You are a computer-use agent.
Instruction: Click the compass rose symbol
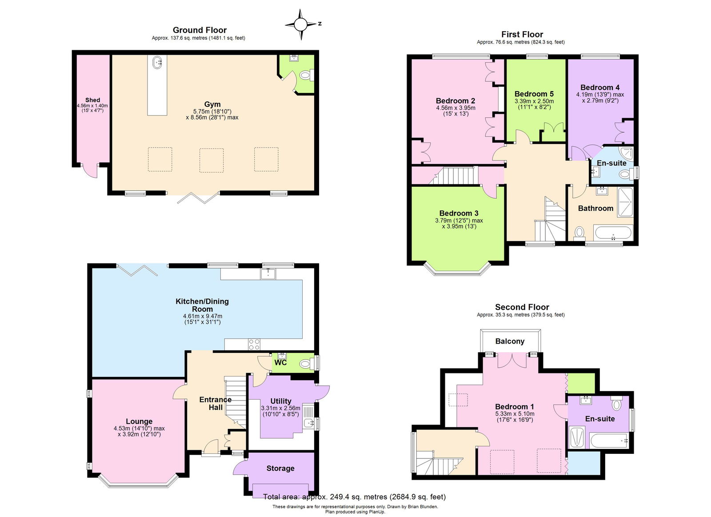coord(301,24)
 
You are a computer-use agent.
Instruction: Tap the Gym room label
coord(212,104)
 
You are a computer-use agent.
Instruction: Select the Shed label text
coord(92,100)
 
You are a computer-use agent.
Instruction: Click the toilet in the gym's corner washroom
coord(305,75)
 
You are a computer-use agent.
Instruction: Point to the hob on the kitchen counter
coord(254,344)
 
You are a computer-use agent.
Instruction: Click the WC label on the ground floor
coord(280,363)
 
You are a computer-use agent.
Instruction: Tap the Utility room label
coord(281,401)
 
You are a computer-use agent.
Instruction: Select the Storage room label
coord(280,468)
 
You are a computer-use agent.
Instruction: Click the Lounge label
coord(139,421)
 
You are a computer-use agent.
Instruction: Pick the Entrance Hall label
coord(216,403)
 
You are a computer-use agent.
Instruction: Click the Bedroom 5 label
coord(534,94)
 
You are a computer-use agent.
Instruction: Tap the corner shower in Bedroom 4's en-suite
coord(627,154)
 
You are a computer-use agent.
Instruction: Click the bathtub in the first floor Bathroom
coord(613,233)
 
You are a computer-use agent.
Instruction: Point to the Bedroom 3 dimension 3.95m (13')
coord(459,226)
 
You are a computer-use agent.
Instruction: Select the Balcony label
coord(510,341)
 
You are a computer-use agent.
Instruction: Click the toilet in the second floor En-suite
coord(616,405)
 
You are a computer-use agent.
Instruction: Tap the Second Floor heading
coord(522,307)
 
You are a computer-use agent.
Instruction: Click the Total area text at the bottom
coord(354,497)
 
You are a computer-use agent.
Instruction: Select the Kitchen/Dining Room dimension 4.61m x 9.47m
coord(202,316)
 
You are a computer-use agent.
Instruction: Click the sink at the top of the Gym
coord(157,62)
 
